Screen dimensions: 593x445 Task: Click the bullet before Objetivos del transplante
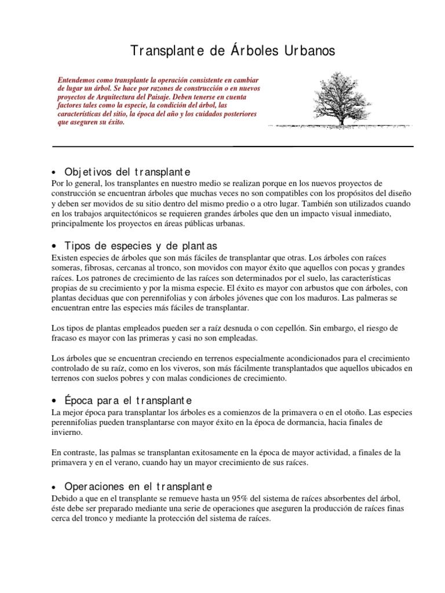click(54, 173)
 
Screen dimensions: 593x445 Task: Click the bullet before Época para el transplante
click(54, 401)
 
